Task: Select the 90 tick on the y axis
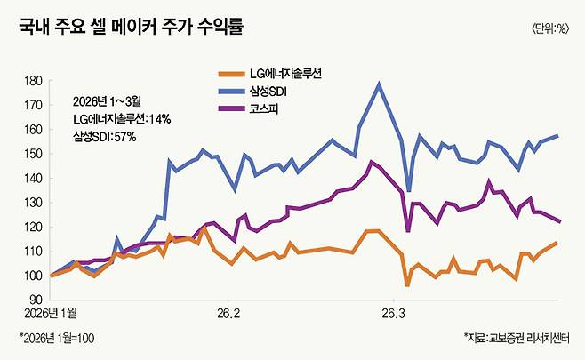[36, 300]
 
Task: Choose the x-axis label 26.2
[228, 313]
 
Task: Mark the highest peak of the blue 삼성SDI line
[380, 84]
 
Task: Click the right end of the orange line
[557, 242]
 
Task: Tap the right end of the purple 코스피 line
[557, 220]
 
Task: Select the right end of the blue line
[557, 135]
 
